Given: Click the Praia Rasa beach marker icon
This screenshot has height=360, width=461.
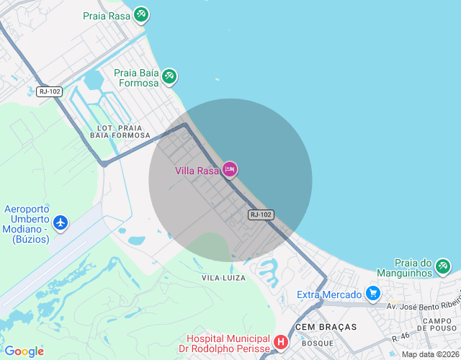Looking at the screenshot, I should [141, 14].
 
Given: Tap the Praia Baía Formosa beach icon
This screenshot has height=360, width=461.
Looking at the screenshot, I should [169, 76].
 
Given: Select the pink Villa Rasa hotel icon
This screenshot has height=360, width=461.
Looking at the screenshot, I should [230, 170].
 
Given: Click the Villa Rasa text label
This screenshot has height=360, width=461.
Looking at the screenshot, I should [197, 171].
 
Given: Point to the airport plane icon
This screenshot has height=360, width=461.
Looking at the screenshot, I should [61, 222].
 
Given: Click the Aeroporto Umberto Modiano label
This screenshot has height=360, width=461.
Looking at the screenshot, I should [27, 223].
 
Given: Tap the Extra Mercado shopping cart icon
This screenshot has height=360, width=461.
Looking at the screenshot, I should [372, 294].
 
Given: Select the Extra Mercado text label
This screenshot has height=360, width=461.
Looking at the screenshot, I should [330, 294].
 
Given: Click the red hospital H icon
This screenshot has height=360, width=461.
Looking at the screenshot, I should [281, 342].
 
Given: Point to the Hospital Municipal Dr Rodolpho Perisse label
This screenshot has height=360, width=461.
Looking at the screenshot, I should [227, 343].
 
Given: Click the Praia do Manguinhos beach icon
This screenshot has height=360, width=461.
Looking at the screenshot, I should [443, 268].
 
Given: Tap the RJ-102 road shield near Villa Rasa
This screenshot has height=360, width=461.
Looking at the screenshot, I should [261, 215].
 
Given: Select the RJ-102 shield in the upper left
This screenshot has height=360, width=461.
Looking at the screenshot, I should [50, 91].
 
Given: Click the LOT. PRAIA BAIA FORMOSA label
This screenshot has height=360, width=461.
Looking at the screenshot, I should [120, 131].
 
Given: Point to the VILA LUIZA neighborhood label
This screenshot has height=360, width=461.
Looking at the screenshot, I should [223, 277].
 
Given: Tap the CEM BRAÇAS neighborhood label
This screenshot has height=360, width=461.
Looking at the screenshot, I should [326, 327].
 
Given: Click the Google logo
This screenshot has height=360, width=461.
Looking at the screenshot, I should [24, 351].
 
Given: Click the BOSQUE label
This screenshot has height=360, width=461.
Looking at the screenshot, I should [318, 343].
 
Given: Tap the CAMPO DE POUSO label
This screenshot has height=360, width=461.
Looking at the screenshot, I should [437, 325].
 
